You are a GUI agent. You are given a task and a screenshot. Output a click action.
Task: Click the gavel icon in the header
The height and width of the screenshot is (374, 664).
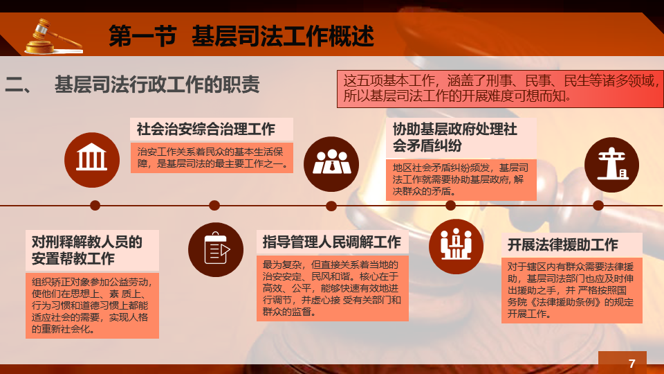click(53, 37)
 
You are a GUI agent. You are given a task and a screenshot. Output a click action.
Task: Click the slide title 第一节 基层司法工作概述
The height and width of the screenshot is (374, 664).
click(241, 36)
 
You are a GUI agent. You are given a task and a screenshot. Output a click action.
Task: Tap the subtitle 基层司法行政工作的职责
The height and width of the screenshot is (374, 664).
click(157, 84)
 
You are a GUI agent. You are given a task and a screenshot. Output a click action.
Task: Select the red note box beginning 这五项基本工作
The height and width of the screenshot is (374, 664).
click(500, 89)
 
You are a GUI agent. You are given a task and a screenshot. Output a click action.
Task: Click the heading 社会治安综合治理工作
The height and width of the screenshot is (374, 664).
click(206, 129)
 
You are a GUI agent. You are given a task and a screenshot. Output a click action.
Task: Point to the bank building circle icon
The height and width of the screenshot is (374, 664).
click(92, 160)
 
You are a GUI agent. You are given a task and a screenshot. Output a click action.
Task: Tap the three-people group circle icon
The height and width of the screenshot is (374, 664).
click(331, 164)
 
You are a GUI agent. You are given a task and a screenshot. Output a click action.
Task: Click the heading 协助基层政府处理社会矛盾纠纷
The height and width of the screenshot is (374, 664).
click(454, 137)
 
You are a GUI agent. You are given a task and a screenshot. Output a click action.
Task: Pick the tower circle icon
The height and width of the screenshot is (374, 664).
click(611, 165)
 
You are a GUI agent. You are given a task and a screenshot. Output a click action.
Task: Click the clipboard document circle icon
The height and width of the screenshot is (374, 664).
click(216, 250)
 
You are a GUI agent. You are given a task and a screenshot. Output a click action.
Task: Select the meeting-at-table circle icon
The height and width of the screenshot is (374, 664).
click(456, 247)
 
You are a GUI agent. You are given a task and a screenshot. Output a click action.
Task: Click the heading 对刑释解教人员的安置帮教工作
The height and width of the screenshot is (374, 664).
click(87, 250)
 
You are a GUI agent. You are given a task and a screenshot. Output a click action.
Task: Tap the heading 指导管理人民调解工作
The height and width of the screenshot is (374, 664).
click(331, 242)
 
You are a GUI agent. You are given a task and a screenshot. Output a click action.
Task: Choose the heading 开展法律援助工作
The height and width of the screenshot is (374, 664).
click(563, 244)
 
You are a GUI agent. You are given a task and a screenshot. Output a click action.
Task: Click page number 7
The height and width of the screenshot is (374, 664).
click(631, 364)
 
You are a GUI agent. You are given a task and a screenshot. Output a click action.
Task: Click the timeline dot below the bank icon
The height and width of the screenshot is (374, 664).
click(95, 206)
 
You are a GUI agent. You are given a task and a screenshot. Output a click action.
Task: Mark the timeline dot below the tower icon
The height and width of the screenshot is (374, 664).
click(598, 206)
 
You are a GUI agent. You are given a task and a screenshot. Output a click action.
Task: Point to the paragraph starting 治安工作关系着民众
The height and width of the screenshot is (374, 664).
click(212, 158)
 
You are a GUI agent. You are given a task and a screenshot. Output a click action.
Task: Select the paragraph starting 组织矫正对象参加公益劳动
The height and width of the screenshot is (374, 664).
click(92, 305)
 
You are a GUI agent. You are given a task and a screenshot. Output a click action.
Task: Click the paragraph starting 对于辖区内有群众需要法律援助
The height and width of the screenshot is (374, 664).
click(571, 290)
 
